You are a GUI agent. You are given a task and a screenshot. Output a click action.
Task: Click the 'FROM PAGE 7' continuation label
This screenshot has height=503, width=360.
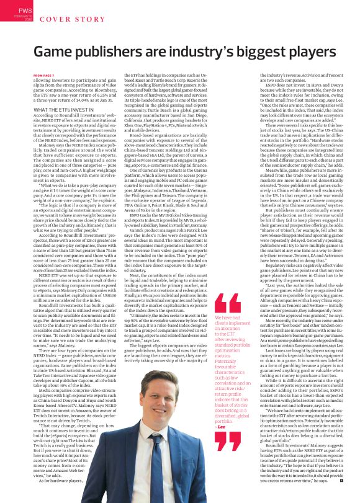coord(45,76)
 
